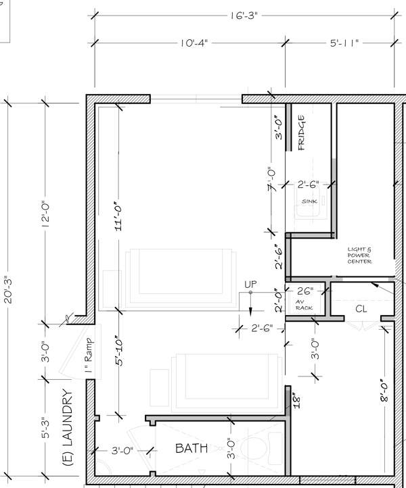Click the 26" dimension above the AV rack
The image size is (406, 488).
[305, 291]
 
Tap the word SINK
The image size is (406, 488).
[309, 201]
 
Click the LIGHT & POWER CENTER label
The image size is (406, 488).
[360, 255]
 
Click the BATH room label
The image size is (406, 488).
[191, 448]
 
